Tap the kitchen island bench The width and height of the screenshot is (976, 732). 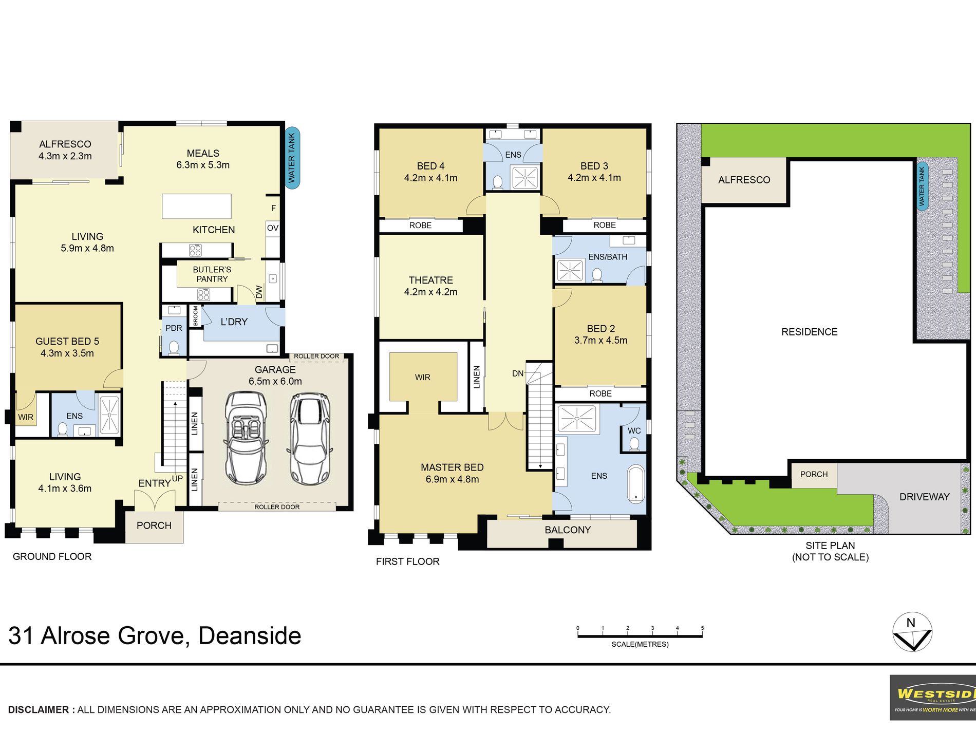point(197,206)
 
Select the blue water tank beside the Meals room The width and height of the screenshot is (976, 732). point(292,158)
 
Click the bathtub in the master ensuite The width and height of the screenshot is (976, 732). point(636,483)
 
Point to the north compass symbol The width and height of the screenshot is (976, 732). point(912,632)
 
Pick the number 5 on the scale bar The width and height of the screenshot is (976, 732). point(702,628)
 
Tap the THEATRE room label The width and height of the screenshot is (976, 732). point(431,280)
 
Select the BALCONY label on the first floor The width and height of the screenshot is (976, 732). point(568,530)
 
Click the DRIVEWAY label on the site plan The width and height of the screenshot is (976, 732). point(925,497)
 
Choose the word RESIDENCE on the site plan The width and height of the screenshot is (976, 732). point(810,332)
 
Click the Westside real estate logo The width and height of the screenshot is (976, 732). point(933,697)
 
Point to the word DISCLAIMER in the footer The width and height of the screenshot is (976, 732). point(39,709)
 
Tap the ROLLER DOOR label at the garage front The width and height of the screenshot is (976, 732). point(277,507)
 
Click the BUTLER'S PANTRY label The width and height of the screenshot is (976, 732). point(212,274)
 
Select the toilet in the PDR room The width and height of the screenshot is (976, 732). point(174,348)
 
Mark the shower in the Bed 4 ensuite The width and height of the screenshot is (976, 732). point(525,178)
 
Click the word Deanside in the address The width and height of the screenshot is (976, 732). point(250,636)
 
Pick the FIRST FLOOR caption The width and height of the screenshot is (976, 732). point(408,561)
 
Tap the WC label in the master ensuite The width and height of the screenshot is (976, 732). point(634,430)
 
